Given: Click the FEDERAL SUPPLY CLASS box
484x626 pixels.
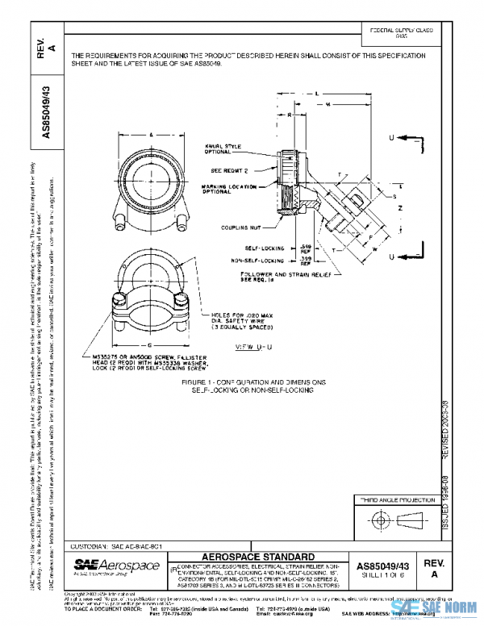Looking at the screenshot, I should click(401, 33).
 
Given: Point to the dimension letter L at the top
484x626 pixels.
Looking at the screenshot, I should click(317, 94).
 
